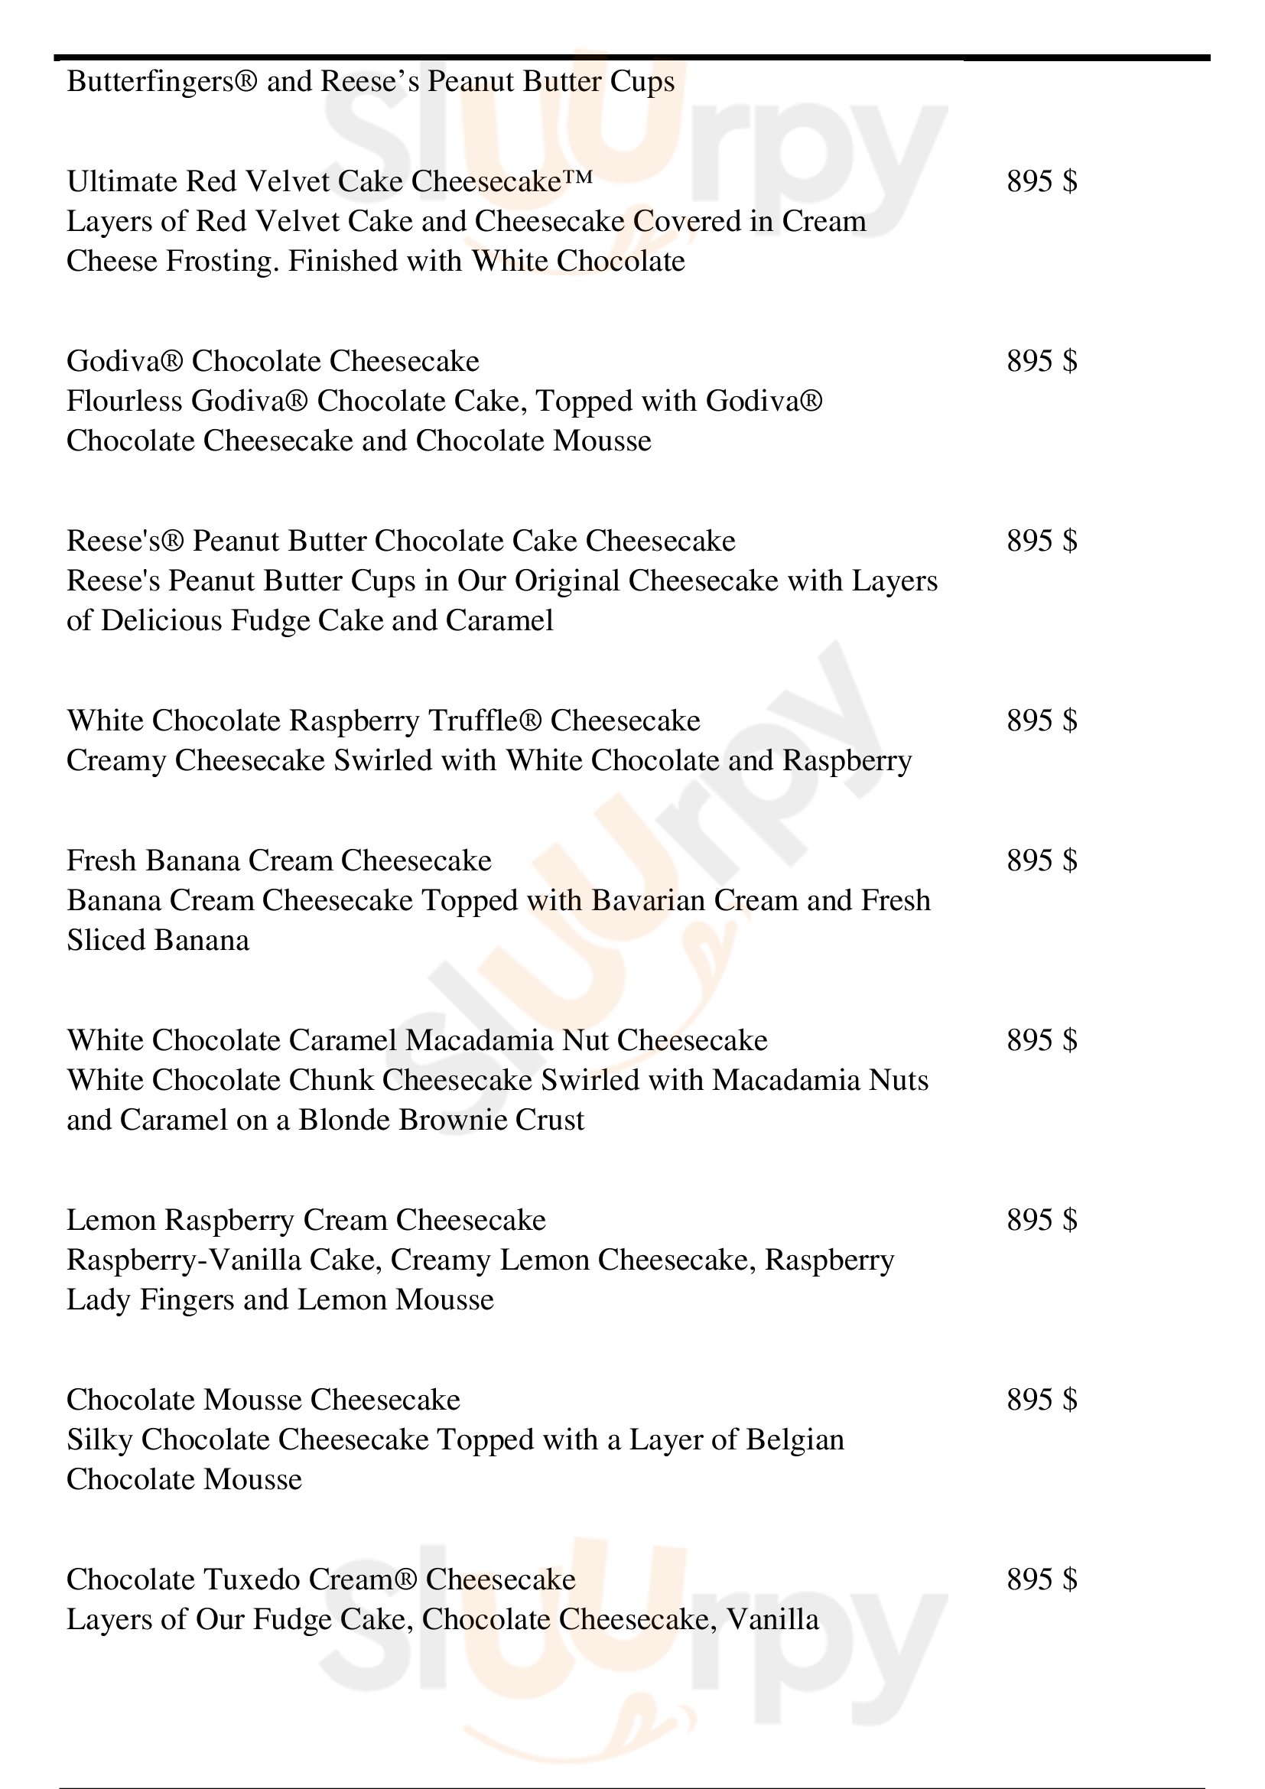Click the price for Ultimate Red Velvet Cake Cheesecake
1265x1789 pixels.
(1042, 181)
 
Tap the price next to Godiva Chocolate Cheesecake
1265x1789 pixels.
(1042, 362)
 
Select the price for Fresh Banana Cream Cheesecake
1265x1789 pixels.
(1042, 861)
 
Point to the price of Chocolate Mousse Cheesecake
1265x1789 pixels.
(1042, 1400)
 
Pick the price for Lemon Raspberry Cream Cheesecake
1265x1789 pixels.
(1042, 1220)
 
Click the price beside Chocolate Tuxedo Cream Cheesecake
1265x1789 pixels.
(1042, 1580)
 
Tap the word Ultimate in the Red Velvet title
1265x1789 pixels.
(122, 181)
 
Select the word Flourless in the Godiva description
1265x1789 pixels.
(125, 402)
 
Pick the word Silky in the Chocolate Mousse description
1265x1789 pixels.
(99, 1440)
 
